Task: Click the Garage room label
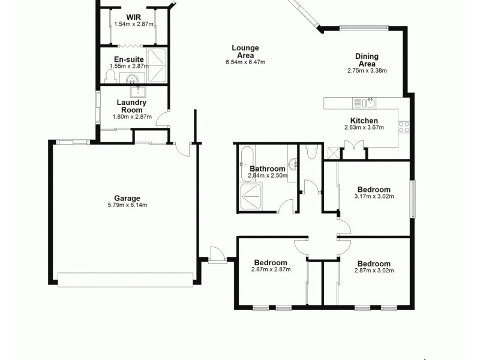[127, 199]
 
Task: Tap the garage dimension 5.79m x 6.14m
[127, 205]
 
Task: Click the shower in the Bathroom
[251, 197]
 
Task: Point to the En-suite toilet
[110, 77]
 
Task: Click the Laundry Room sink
[139, 92]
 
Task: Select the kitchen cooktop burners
[404, 127]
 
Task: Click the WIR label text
[133, 17]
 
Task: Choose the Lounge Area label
[245, 52]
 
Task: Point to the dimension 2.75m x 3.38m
[367, 71]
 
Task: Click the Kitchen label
[364, 121]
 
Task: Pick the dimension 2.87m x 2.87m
[271, 270]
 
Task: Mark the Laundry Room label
[131, 106]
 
